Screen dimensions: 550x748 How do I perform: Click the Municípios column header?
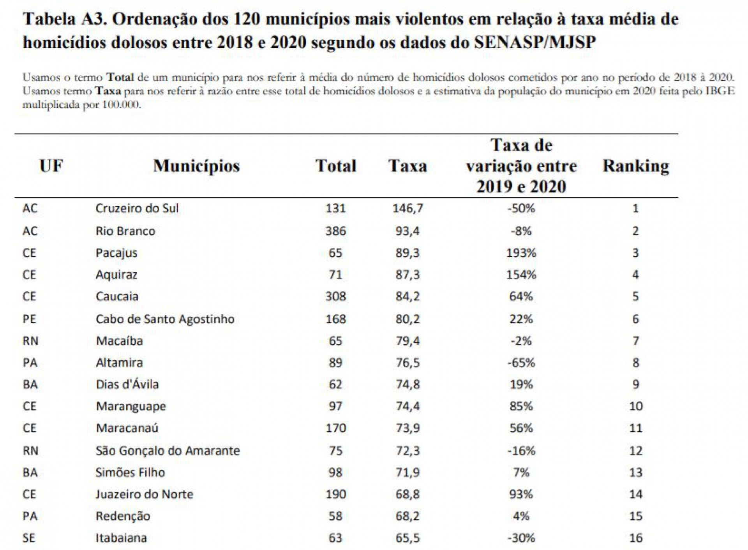coord(196,166)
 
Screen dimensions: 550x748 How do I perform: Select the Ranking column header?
coord(636,166)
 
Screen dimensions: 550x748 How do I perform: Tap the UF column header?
coord(51,166)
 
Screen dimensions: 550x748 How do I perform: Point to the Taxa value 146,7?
coord(408,208)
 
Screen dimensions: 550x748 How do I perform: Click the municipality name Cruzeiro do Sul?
coord(137,208)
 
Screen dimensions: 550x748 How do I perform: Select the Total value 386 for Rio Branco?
coord(335,231)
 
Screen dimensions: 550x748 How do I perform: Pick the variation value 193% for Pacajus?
coord(521,253)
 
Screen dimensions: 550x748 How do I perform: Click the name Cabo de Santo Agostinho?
coord(165,319)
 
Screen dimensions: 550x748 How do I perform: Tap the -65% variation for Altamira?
coord(521,363)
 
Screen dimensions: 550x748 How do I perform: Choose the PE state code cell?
coord(29,319)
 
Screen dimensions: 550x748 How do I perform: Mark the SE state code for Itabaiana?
coord(29,538)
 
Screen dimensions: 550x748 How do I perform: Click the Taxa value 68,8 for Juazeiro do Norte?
coord(408,494)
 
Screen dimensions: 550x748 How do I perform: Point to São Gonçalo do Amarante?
coord(168,451)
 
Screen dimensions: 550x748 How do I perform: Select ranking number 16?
coord(636,538)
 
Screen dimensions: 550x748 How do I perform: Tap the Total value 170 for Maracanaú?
coord(335,428)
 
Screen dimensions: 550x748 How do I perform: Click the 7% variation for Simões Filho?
coord(521,472)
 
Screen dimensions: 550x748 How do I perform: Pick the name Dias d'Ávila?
coord(127,384)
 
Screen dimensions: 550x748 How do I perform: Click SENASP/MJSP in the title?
coord(535,42)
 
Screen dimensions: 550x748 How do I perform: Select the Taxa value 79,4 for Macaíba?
coord(408,341)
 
